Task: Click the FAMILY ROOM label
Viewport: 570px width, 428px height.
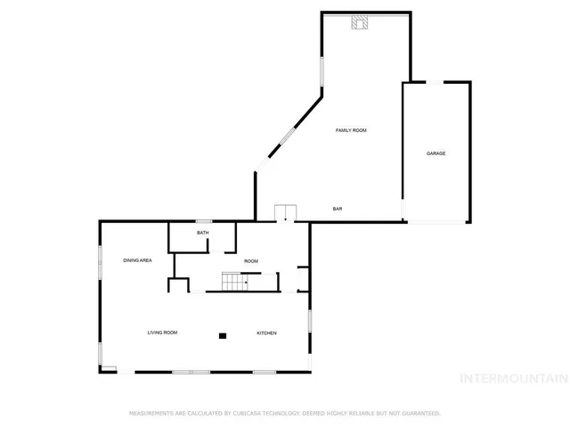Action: point(351,130)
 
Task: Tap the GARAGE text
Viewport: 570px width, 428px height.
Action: point(436,153)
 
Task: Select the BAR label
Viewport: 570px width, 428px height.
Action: point(338,209)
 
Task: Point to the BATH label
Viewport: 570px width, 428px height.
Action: point(203,234)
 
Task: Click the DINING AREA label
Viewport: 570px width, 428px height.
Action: point(138,259)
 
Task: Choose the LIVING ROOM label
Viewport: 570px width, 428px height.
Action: point(162,333)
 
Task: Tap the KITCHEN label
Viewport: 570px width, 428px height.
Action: point(267,333)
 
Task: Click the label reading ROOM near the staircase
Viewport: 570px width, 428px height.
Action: point(251,260)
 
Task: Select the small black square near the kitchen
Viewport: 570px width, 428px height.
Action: point(223,335)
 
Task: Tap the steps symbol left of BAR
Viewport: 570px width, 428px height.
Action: point(285,212)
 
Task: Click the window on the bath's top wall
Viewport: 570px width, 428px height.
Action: point(203,221)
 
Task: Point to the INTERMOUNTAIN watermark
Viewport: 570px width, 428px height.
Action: point(513,378)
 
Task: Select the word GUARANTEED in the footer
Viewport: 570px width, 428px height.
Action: point(419,414)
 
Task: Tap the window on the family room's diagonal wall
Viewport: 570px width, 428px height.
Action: point(287,136)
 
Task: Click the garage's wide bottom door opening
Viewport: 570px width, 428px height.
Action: point(436,222)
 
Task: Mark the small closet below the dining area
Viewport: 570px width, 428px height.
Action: point(178,285)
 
